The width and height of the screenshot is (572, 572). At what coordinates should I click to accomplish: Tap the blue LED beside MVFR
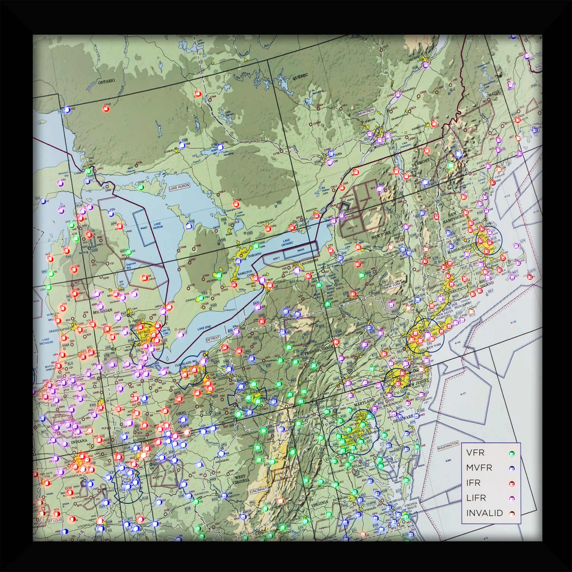512,468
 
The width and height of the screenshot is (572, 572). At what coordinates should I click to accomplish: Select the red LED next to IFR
512,483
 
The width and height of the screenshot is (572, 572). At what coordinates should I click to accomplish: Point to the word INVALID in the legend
484,513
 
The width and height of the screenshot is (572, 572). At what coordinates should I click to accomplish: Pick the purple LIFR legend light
512,498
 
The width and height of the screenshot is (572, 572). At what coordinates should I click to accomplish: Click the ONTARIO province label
107,81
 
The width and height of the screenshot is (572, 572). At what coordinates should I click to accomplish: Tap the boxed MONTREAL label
367,112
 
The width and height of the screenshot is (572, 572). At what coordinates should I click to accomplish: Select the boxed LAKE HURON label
179,186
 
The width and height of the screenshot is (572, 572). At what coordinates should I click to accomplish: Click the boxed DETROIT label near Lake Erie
213,339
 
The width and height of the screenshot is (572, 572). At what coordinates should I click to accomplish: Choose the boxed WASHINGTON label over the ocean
448,445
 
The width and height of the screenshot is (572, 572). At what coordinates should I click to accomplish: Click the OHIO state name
180,414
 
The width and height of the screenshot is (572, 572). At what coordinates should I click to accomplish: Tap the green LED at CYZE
140,187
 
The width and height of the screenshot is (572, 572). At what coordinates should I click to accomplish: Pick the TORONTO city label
255,254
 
